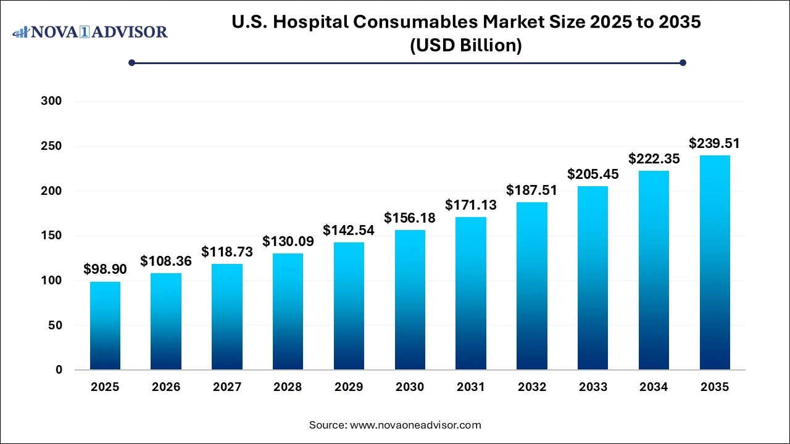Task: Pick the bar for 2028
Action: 288,311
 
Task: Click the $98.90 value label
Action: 105,269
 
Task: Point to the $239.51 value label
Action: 715,144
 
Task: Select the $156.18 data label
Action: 410,218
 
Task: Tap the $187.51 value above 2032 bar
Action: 531,190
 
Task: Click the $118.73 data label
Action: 227,252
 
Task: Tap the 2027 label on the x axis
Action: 227,387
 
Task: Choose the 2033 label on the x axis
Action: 592,387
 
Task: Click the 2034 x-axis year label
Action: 654,387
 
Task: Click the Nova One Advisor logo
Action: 90,31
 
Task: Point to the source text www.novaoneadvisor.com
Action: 415,425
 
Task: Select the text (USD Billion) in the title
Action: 466,46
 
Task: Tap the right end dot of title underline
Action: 683,62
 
